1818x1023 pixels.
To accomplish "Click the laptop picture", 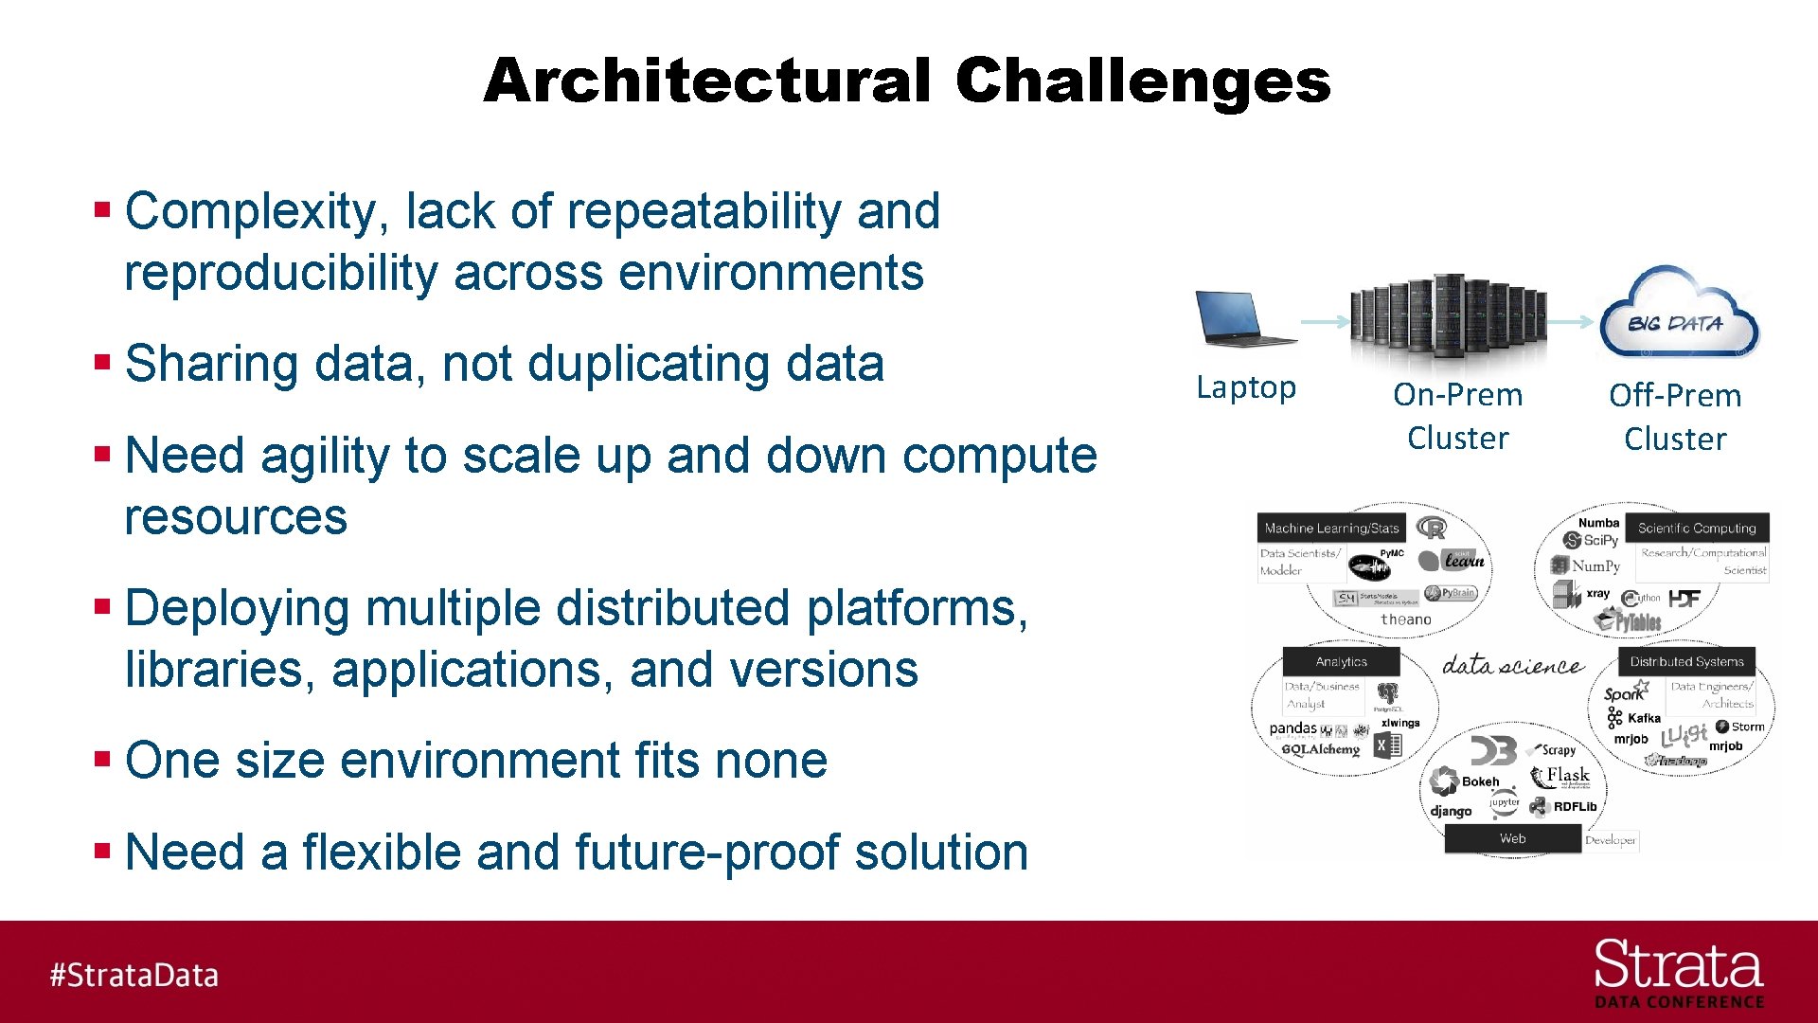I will [1242, 319].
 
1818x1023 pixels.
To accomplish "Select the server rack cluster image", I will [1448, 318].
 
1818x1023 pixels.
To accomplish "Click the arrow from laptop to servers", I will [1325, 322].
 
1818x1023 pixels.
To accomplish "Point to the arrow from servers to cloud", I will [1572, 322].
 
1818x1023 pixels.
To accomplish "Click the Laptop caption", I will [1245, 387].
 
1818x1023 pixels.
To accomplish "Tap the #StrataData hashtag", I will [134, 975].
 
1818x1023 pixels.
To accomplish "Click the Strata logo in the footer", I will [1678, 972].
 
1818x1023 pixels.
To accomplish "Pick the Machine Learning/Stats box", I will [1330, 529].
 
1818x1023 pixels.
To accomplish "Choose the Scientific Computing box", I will [1697, 529].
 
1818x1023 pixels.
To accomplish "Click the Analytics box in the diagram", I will [1341, 662].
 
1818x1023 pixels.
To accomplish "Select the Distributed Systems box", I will [1686, 662].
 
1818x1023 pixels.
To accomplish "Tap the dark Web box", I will [1512, 838].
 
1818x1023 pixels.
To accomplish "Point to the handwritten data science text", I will [1512, 666].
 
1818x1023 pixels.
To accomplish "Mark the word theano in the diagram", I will [1405, 619].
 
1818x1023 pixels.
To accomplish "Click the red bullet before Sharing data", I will [102, 362].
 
